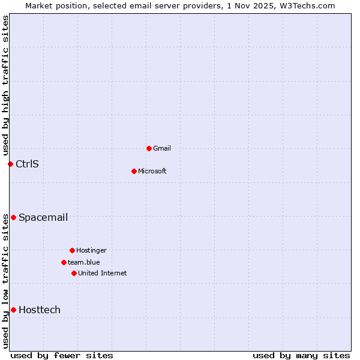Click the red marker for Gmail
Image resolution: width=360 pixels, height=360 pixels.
pos(149,148)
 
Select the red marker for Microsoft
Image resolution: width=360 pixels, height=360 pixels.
pos(134,171)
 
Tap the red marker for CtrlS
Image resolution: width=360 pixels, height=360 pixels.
pos(10,164)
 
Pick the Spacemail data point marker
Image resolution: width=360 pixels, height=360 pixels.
pos(13,217)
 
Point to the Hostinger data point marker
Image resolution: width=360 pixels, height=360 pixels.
pos(72,250)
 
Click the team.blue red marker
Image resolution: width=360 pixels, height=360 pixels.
pos(64,262)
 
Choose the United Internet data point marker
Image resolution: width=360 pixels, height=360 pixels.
pos(74,273)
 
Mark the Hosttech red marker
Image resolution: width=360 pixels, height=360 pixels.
pos(13,310)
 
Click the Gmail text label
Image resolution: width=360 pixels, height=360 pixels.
pos(161,148)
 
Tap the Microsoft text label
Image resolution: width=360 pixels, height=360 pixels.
pos(152,171)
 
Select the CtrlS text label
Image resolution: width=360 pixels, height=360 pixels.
pos(27,164)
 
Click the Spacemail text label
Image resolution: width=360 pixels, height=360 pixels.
pos(43,217)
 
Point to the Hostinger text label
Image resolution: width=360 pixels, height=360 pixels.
pos(91,250)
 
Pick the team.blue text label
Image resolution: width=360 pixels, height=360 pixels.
pos(84,262)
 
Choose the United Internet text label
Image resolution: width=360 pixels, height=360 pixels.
pos(103,273)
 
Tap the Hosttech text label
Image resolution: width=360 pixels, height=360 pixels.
pos(40,310)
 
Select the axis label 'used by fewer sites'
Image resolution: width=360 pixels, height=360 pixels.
pos(62,355)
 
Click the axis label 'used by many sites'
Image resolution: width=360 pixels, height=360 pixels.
pos(301,355)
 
